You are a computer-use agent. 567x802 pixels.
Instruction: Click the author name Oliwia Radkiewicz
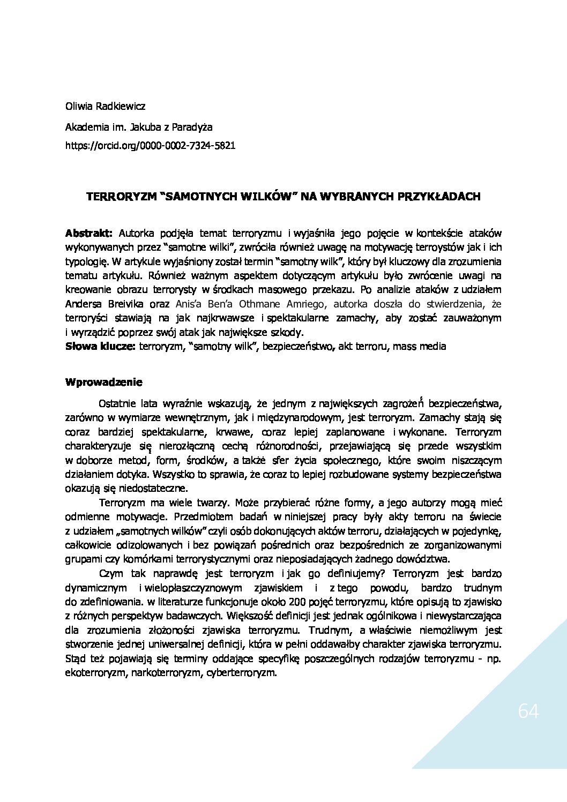pyautogui.click(x=105, y=106)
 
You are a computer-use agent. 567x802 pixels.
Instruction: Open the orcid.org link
pyautogui.click(x=150, y=145)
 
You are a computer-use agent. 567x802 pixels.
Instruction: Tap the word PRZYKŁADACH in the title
pyautogui.click(x=439, y=197)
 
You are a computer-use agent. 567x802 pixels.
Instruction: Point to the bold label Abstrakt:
pyautogui.click(x=89, y=233)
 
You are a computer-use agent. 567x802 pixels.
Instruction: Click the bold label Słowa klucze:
pyautogui.click(x=100, y=346)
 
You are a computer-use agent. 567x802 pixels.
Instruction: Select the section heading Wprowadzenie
pyautogui.click(x=103, y=382)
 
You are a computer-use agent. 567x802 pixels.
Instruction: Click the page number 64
pyautogui.click(x=528, y=711)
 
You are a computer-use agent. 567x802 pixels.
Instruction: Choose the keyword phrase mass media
pyautogui.click(x=419, y=346)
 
